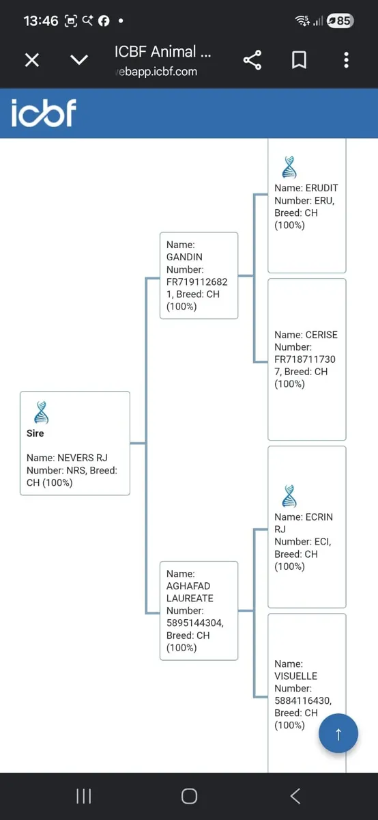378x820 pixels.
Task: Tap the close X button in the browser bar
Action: (x=32, y=59)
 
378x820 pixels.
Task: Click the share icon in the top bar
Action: (x=252, y=60)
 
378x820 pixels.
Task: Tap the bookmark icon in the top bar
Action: (x=299, y=59)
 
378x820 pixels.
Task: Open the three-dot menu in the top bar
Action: (x=346, y=60)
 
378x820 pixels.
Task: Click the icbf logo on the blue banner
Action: (x=44, y=113)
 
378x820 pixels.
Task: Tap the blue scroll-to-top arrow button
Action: (x=338, y=733)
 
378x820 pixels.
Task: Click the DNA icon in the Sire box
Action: (x=42, y=413)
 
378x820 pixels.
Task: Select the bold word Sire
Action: (x=35, y=433)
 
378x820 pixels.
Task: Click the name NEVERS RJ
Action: (x=83, y=458)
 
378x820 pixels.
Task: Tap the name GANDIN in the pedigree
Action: (x=184, y=257)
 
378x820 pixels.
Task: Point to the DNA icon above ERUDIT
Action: (x=289, y=167)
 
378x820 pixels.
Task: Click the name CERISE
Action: (x=321, y=335)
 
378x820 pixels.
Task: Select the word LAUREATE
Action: (x=190, y=598)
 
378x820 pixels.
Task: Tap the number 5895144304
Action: (x=194, y=623)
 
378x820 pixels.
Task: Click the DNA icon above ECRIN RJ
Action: (x=289, y=496)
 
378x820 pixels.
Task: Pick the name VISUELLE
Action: (x=295, y=676)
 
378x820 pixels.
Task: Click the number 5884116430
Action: (x=302, y=700)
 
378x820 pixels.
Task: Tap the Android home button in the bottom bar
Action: (x=189, y=796)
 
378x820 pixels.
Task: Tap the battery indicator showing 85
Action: (x=340, y=21)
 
